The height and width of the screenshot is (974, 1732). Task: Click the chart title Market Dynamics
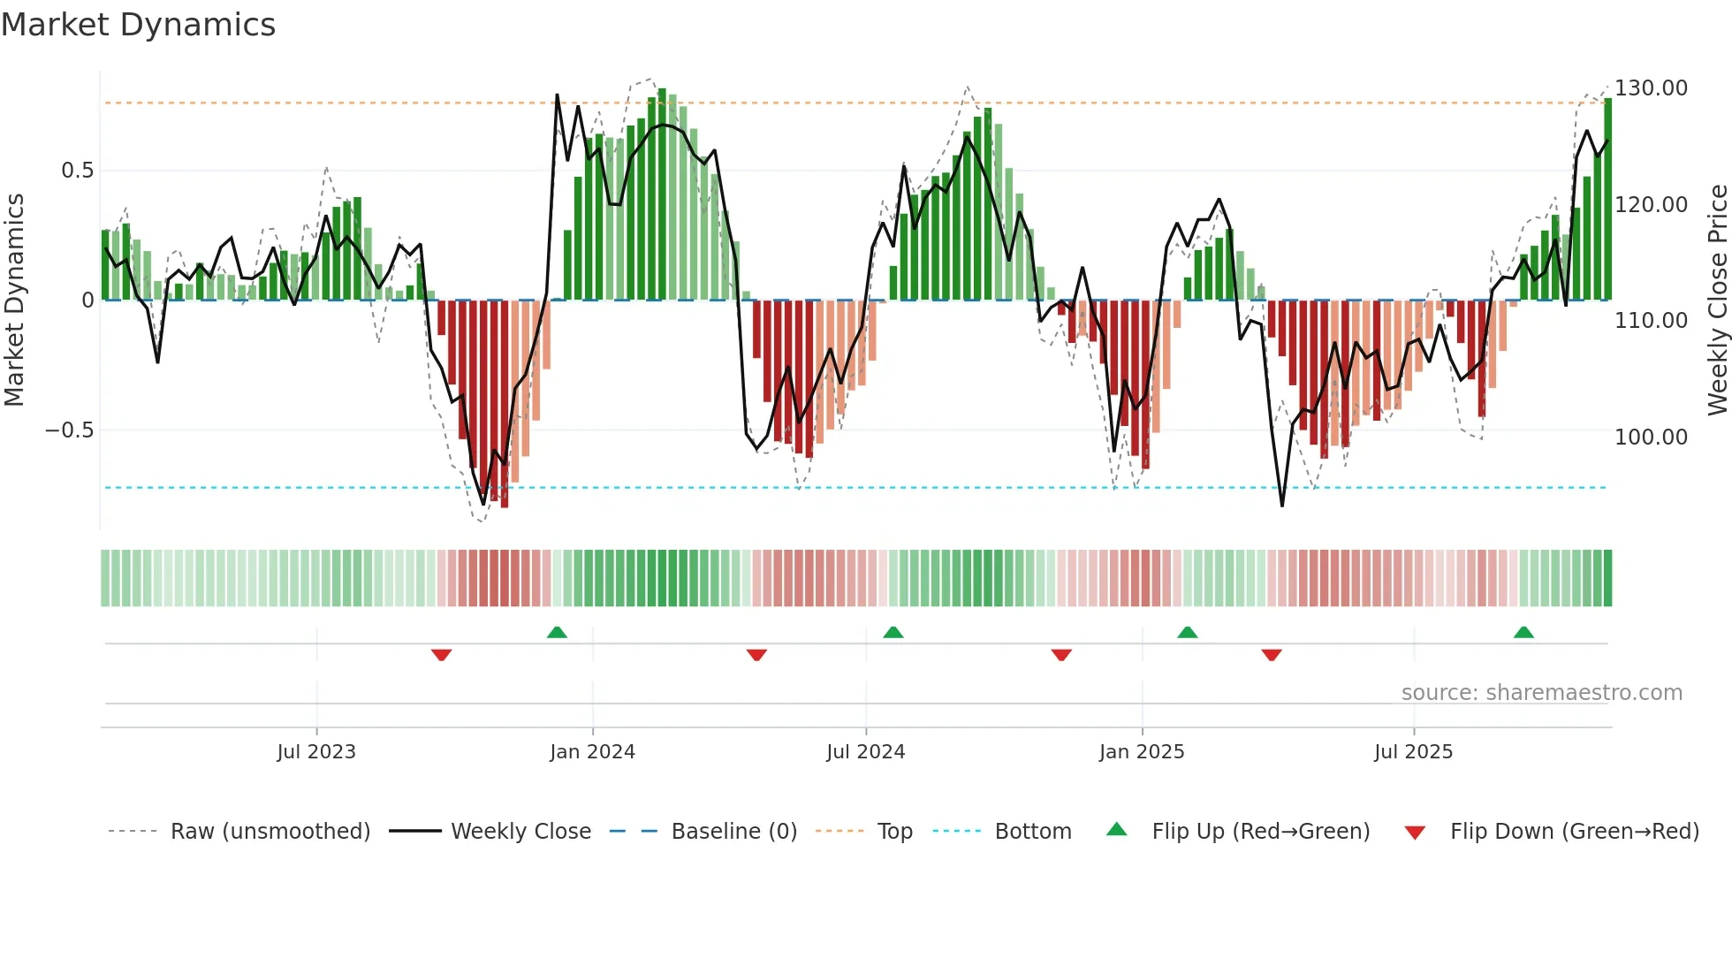pos(138,25)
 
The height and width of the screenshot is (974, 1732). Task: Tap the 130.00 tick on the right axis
pos(1651,88)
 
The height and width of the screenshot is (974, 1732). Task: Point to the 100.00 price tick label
pos(1651,437)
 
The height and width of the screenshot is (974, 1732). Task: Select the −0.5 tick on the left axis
pos(69,430)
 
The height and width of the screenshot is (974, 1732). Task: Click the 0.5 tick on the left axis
pos(77,171)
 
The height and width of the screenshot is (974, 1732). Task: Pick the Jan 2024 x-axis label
pos(592,752)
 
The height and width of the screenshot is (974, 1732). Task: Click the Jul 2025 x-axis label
pos(1413,752)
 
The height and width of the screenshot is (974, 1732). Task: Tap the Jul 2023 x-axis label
pos(316,752)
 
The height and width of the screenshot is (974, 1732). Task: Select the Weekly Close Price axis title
pos(1717,301)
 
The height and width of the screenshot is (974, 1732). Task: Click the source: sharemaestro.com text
pos(1541,693)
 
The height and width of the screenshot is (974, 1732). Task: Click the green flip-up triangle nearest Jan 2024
pos(557,633)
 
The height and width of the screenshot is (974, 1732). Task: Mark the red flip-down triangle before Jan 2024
pos(442,655)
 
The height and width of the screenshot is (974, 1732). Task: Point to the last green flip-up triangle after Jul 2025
pos(1523,633)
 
